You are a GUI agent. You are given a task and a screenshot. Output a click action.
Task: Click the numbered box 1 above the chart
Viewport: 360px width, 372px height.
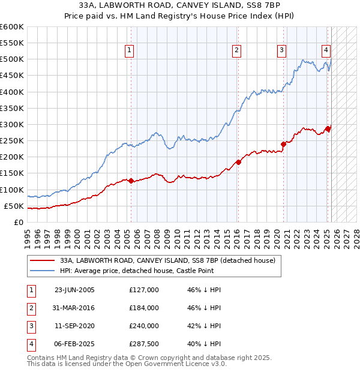point(129,50)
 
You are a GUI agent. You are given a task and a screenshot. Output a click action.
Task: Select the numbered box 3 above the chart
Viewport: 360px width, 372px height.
point(281,50)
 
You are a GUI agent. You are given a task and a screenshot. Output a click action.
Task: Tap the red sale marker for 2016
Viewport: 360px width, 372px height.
point(238,161)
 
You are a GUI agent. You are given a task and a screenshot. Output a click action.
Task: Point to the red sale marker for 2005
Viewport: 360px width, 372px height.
point(131,180)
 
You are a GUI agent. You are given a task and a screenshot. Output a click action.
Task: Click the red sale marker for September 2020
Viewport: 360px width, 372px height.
point(283,143)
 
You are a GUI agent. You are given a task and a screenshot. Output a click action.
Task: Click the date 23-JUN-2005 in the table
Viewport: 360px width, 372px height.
point(74,290)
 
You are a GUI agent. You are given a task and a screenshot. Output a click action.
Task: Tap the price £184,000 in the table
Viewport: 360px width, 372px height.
point(144,308)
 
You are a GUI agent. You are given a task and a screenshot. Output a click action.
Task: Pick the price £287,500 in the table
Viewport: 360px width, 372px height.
point(144,344)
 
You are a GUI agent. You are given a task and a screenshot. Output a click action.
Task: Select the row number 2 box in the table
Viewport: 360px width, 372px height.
point(29,308)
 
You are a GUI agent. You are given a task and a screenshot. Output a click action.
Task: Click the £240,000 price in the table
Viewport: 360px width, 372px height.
point(144,326)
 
